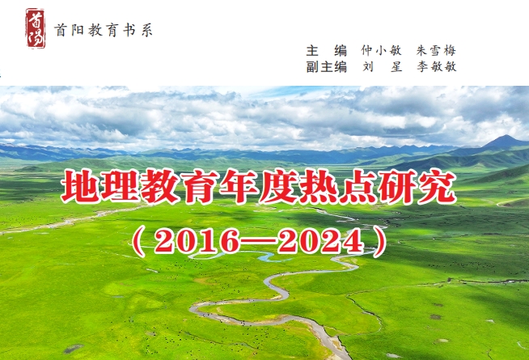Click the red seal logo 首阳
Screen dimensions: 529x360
click(36, 28)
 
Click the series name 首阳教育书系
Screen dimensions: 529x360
click(104, 30)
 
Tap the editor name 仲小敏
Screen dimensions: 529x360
click(381, 51)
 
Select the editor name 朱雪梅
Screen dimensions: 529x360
click(436, 51)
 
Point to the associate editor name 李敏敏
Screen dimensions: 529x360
click(437, 66)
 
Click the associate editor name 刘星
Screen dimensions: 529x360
click(383, 66)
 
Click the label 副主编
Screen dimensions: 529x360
click(327, 66)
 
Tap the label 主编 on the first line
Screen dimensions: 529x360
click(327, 51)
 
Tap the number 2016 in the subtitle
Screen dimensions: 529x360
click(196, 241)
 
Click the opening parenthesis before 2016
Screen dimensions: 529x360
click(138, 241)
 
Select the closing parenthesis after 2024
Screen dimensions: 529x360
click(380, 241)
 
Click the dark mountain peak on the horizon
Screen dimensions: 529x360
click(505, 141)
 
